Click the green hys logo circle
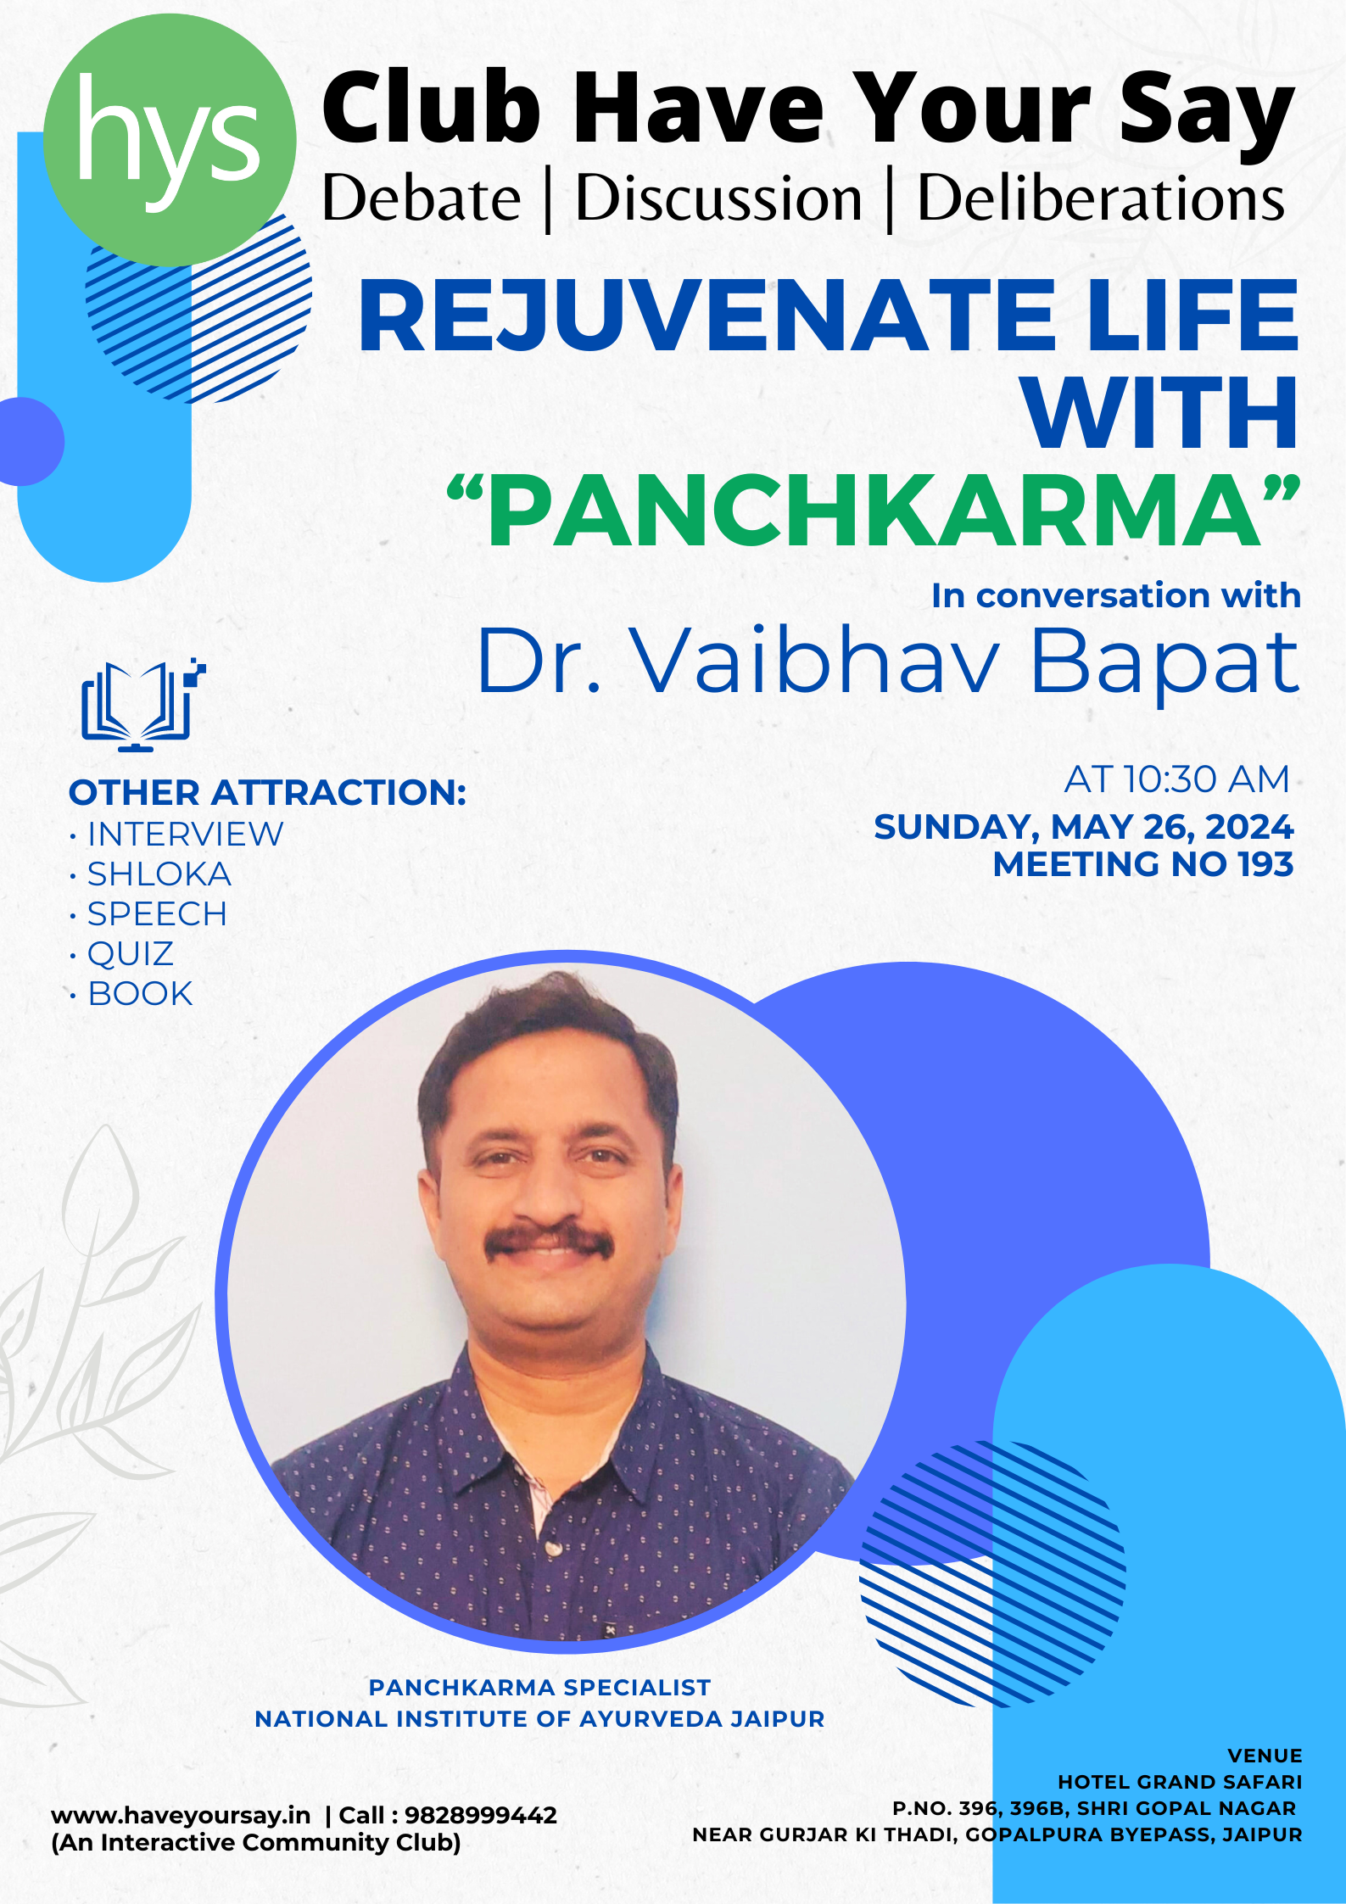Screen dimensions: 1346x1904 (x=170, y=140)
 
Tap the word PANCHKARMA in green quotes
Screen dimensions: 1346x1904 (x=874, y=511)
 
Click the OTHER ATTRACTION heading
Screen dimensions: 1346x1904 (x=267, y=792)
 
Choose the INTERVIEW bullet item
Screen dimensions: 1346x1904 (x=185, y=834)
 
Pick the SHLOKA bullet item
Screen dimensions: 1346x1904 (x=159, y=874)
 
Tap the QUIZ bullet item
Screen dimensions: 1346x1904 (x=131, y=954)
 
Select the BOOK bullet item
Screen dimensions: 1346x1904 (x=140, y=993)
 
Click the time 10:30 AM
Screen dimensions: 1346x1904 (x=1205, y=779)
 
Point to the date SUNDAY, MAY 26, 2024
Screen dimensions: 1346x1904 (x=1083, y=827)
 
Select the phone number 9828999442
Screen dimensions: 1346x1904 (x=481, y=1815)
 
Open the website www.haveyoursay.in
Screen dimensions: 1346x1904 (x=181, y=1816)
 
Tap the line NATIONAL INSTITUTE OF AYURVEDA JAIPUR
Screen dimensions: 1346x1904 (x=539, y=1718)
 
